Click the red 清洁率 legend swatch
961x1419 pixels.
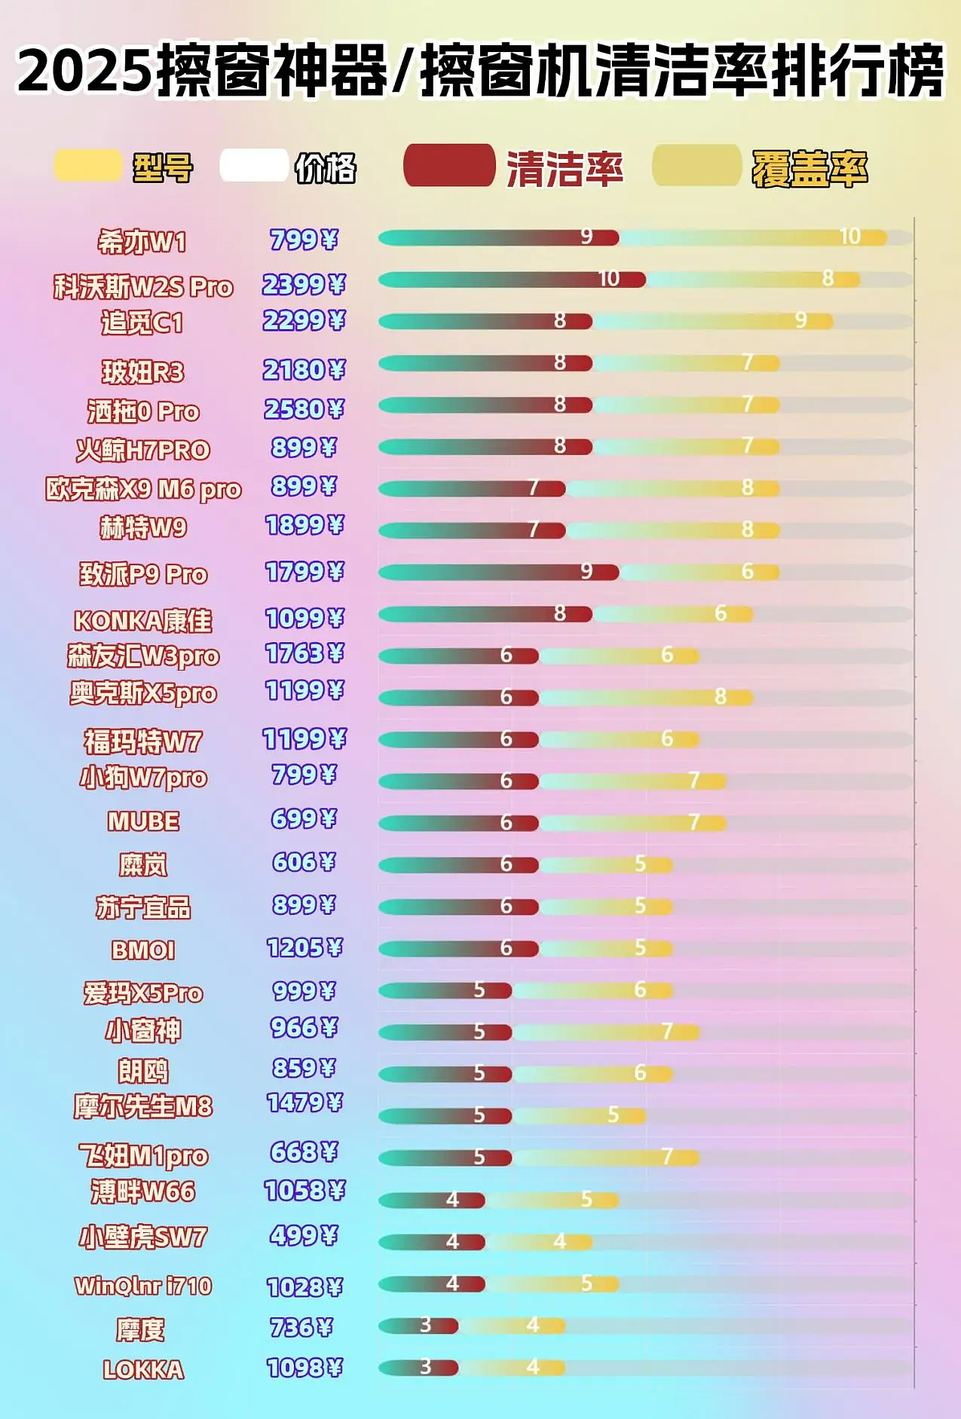click(449, 165)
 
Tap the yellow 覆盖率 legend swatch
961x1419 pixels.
click(696, 165)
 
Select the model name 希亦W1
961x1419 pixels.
click(142, 242)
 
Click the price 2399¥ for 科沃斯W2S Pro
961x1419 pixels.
click(304, 285)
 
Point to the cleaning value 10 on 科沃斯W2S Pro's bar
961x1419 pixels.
click(609, 279)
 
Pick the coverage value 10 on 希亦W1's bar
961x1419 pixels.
click(850, 237)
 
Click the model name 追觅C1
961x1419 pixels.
click(142, 323)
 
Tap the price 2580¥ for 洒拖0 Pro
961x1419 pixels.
click(304, 409)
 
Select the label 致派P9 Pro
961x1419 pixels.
click(143, 574)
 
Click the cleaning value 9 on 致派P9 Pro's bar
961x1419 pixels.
click(586, 571)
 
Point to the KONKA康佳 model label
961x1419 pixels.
click(142, 621)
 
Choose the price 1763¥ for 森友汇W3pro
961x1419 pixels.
click(305, 653)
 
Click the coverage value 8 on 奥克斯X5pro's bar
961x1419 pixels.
click(721, 696)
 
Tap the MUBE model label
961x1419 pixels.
click(143, 821)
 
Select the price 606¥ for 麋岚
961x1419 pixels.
click(304, 862)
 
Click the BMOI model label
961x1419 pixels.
click(143, 950)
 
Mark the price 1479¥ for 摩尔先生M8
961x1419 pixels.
click(305, 1103)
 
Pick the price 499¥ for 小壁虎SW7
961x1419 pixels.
click(304, 1235)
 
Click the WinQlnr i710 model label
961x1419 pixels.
click(143, 1286)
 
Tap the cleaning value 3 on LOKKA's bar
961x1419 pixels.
click(426, 1366)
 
